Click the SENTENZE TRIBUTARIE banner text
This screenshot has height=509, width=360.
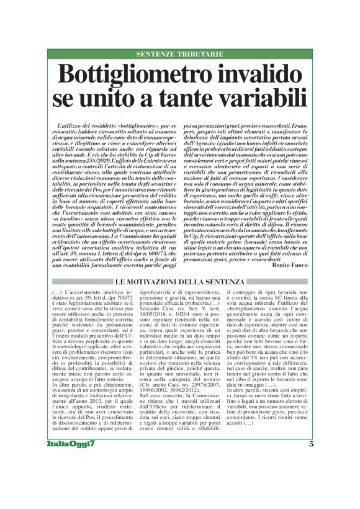click(x=179, y=55)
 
